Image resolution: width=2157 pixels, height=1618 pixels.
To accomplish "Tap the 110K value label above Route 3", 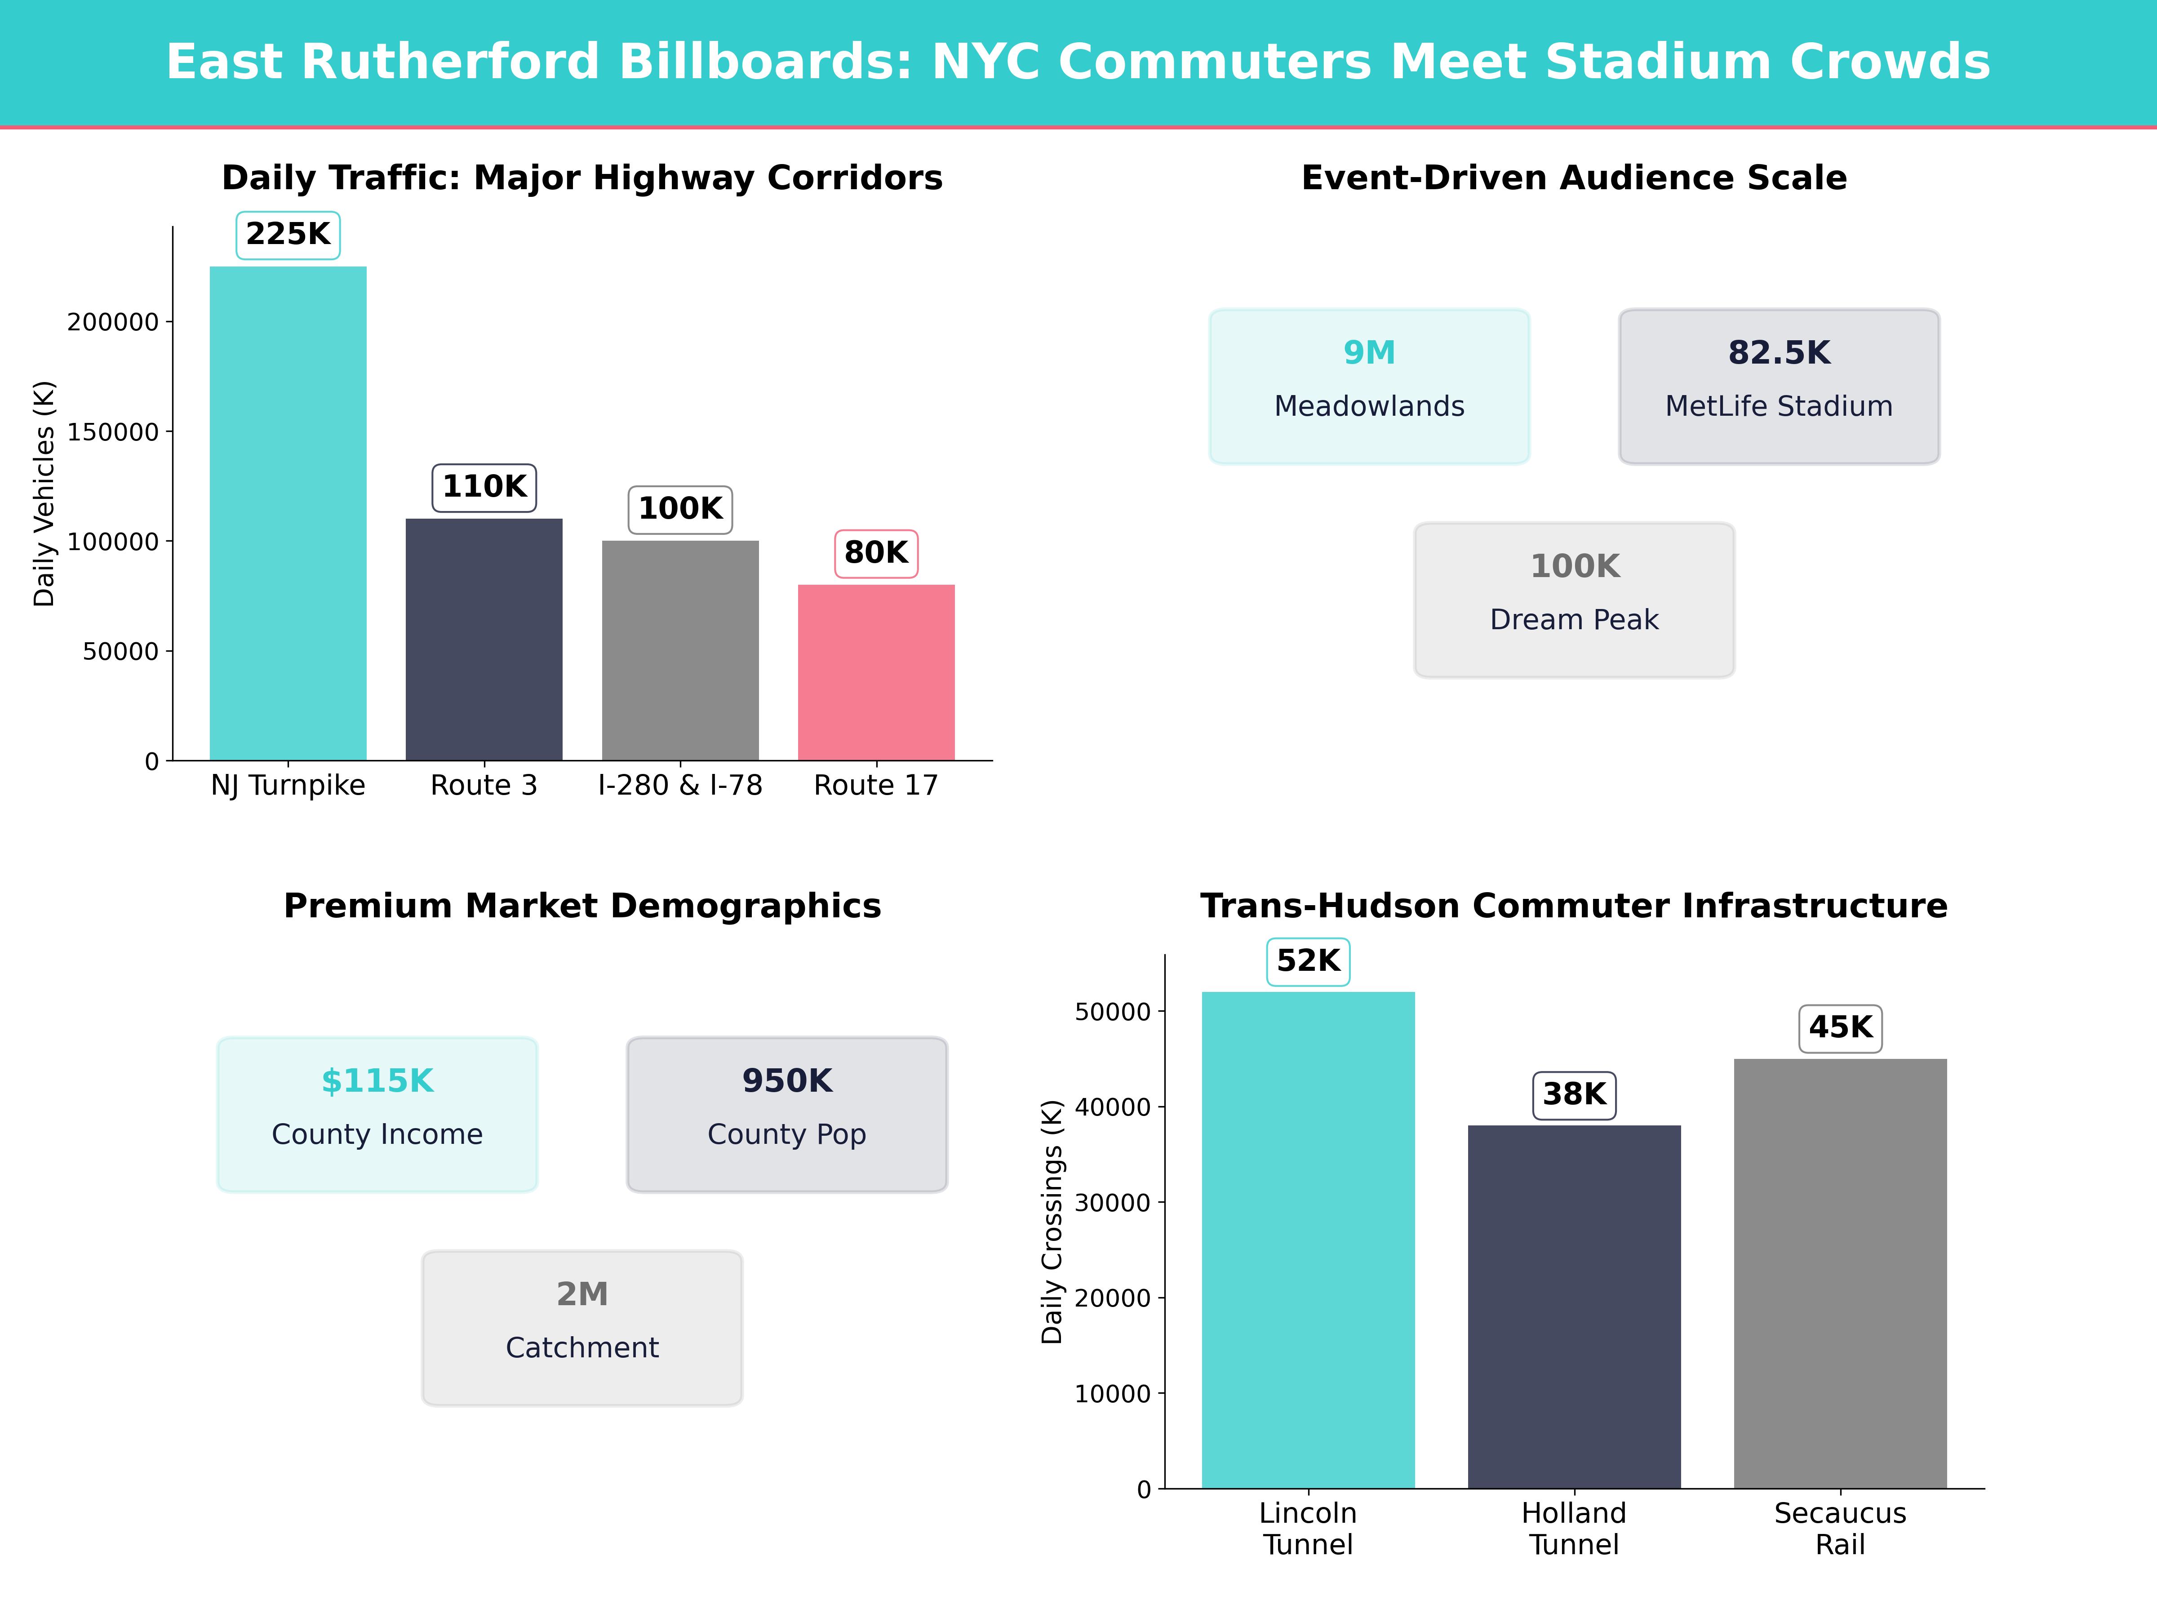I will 484,487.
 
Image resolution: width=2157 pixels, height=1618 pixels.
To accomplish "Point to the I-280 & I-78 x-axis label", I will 679,785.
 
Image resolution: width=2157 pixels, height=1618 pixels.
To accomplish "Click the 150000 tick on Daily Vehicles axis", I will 112,432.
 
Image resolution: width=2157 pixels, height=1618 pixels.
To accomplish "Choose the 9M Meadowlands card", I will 1369,386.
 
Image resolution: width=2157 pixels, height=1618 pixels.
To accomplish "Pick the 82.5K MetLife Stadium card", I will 1779,386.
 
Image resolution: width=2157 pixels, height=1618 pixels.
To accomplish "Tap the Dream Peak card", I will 1574,600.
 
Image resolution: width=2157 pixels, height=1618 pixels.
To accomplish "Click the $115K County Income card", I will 377,1114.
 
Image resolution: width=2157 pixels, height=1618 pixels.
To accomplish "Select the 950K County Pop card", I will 787,1114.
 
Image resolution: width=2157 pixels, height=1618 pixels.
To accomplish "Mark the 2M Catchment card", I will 582,1327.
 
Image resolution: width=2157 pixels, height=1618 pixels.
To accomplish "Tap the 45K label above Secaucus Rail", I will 1840,1028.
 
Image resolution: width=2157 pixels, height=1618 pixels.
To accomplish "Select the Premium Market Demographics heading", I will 582,906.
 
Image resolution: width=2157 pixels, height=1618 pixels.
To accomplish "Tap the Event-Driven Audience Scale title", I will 1574,178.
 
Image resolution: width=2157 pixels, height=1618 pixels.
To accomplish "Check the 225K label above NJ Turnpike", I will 288,234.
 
